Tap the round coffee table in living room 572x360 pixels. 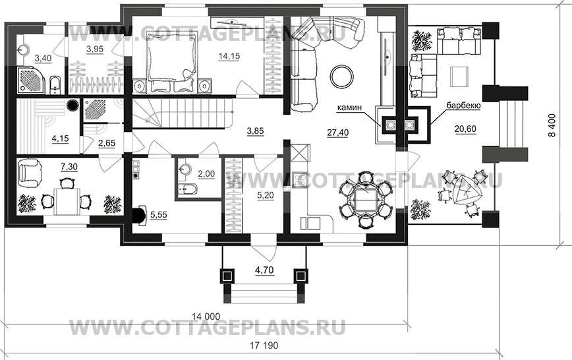pyautogui.click(x=342, y=75)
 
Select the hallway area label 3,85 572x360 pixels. pyautogui.click(x=254, y=131)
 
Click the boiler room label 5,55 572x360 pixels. pyautogui.click(x=158, y=214)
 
